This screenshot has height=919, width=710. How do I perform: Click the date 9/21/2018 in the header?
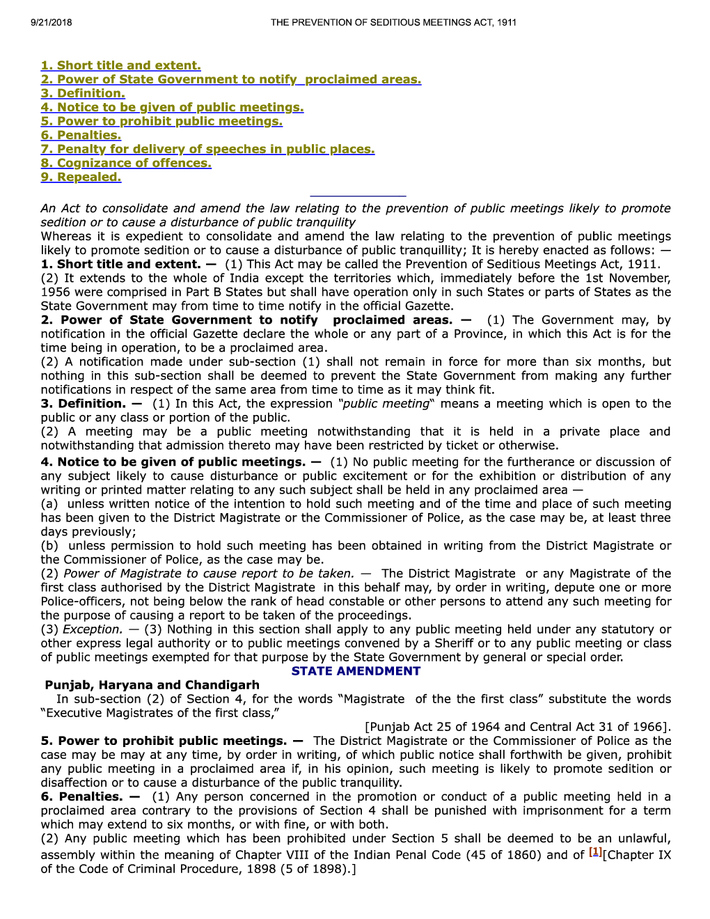coord(51,22)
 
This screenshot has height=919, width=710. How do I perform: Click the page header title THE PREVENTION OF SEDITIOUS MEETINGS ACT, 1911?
coord(393,22)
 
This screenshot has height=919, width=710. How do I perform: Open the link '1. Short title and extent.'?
coord(120,65)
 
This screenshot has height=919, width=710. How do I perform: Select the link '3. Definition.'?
coord(83,93)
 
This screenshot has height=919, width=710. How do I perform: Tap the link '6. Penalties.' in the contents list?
coord(81,135)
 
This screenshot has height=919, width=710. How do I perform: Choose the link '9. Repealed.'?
coord(81,177)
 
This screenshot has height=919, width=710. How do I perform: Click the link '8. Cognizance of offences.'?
coord(126,163)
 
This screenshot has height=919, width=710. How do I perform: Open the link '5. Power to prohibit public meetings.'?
coord(161,121)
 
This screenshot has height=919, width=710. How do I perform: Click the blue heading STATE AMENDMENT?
coord(356,671)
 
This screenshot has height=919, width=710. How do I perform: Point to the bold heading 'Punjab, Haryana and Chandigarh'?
coord(152,685)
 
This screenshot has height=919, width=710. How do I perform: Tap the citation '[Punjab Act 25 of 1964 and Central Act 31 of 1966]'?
coord(518,727)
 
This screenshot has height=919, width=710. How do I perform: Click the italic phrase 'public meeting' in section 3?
coord(385,404)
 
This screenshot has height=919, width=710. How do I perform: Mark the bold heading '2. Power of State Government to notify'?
coord(179,320)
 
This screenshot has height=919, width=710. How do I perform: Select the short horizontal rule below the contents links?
coord(358,196)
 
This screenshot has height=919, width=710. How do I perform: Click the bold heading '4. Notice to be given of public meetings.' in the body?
coord(173,462)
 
